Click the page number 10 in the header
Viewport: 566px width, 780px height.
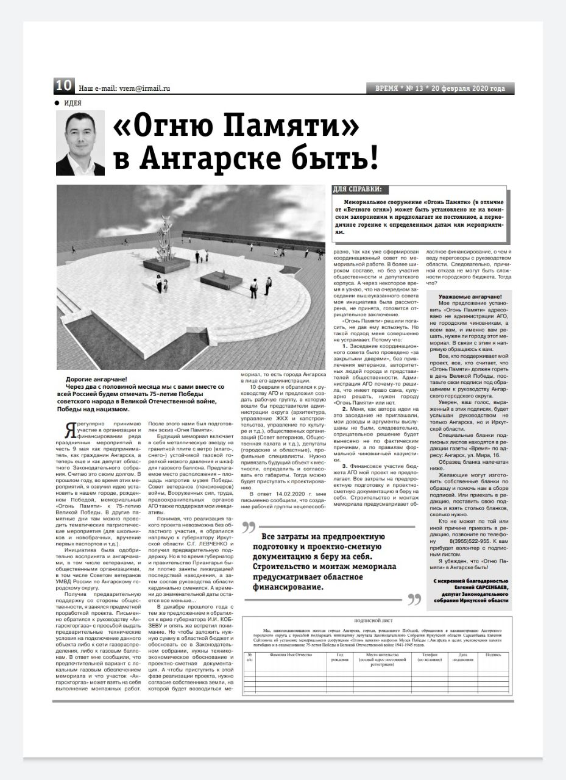pos(64,86)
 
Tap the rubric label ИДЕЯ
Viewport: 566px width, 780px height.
pos(73,102)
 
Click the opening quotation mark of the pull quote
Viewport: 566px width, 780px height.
pos(248,527)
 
